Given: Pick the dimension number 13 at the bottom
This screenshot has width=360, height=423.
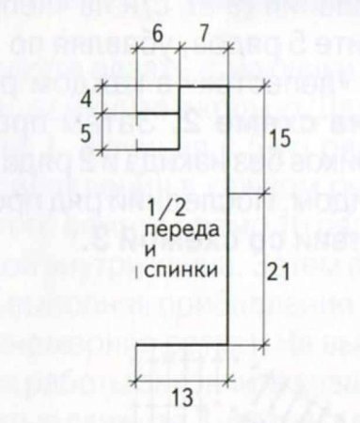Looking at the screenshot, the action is coord(182,398).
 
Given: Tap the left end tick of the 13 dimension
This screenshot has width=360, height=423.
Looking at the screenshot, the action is coord(137,380).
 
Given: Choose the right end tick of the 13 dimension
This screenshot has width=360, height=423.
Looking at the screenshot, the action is coord(231,380).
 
